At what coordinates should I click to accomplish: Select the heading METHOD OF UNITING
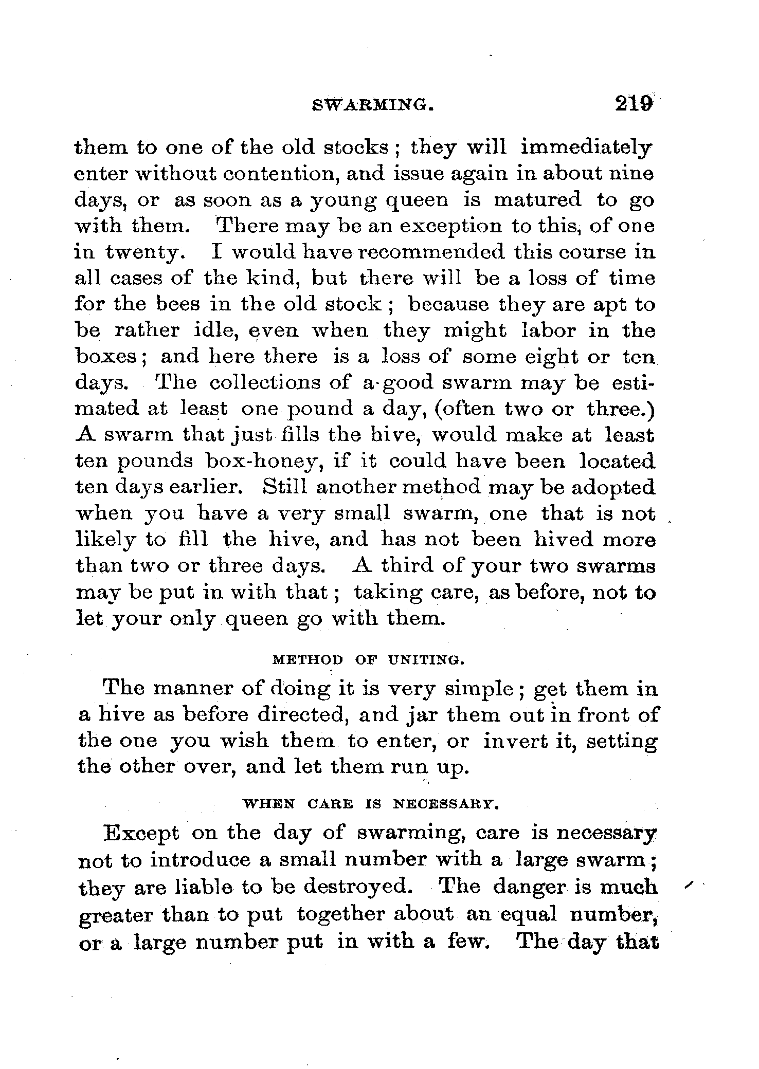click(x=368, y=660)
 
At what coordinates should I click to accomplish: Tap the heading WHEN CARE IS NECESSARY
click(x=371, y=803)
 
